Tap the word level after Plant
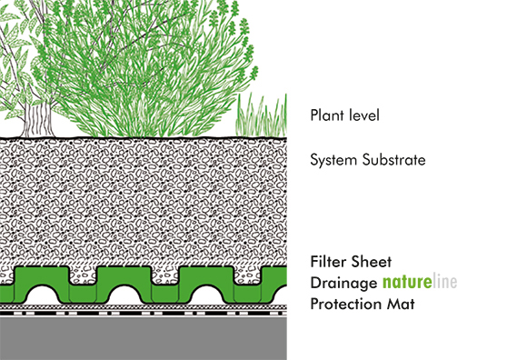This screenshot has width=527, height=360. (x=363, y=115)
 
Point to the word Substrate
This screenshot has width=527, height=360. (x=393, y=160)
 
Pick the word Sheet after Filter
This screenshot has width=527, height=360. (x=374, y=261)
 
